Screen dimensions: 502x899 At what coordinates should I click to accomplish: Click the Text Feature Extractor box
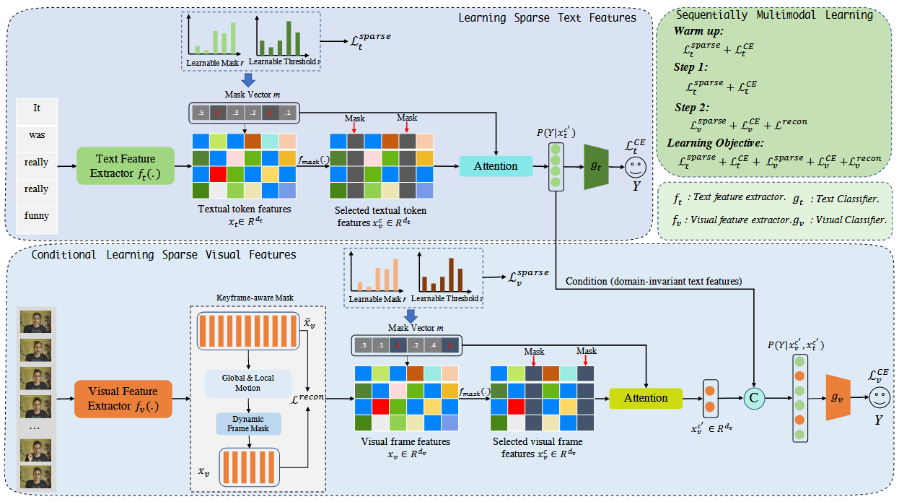(126, 165)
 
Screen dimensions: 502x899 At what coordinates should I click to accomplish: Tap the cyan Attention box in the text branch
(495, 166)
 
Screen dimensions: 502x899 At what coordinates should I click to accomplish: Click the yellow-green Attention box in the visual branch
(645, 398)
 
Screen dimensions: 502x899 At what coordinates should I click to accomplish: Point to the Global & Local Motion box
(247, 383)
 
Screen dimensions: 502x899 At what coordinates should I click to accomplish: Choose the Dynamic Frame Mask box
(247, 424)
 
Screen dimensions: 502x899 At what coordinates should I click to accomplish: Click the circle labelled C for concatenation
(754, 398)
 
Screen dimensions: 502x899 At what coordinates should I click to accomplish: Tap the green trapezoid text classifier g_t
(596, 166)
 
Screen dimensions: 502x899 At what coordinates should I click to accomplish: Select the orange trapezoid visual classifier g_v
(836, 398)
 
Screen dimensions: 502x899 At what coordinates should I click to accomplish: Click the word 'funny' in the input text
(36, 215)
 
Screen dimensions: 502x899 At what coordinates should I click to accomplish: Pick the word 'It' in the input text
(36, 108)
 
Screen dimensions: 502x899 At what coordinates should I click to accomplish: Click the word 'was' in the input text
(36, 135)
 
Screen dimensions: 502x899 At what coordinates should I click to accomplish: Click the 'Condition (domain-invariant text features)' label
(654, 280)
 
